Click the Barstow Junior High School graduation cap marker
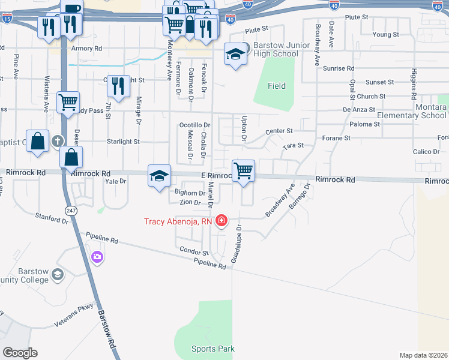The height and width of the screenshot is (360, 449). pyautogui.click(x=235, y=55)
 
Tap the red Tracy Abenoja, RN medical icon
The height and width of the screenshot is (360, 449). pyautogui.click(x=221, y=221)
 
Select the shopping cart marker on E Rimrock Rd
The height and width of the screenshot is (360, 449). pyautogui.click(x=244, y=170)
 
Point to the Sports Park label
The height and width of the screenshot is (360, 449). pyautogui.click(x=213, y=349)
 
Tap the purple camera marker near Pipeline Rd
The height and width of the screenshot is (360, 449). pyautogui.click(x=97, y=257)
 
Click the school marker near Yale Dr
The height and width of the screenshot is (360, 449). pyautogui.click(x=159, y=176)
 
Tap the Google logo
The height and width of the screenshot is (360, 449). pyautogui.click(x=20, y=353)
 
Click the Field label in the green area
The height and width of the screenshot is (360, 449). pyautogui.click(x=277, y=86)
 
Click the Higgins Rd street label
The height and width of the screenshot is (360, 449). pyautogui.click(x=414, y=84)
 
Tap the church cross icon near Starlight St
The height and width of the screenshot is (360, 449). pyautogui.click(x=58, y=142)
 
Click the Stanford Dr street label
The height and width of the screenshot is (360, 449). pyautogui.click(x=52, y=218)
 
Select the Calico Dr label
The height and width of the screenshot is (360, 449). pyautogui.click(x=427, y=152)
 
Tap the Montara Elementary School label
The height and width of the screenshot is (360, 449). pyautogui.click(x=423, y=111)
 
